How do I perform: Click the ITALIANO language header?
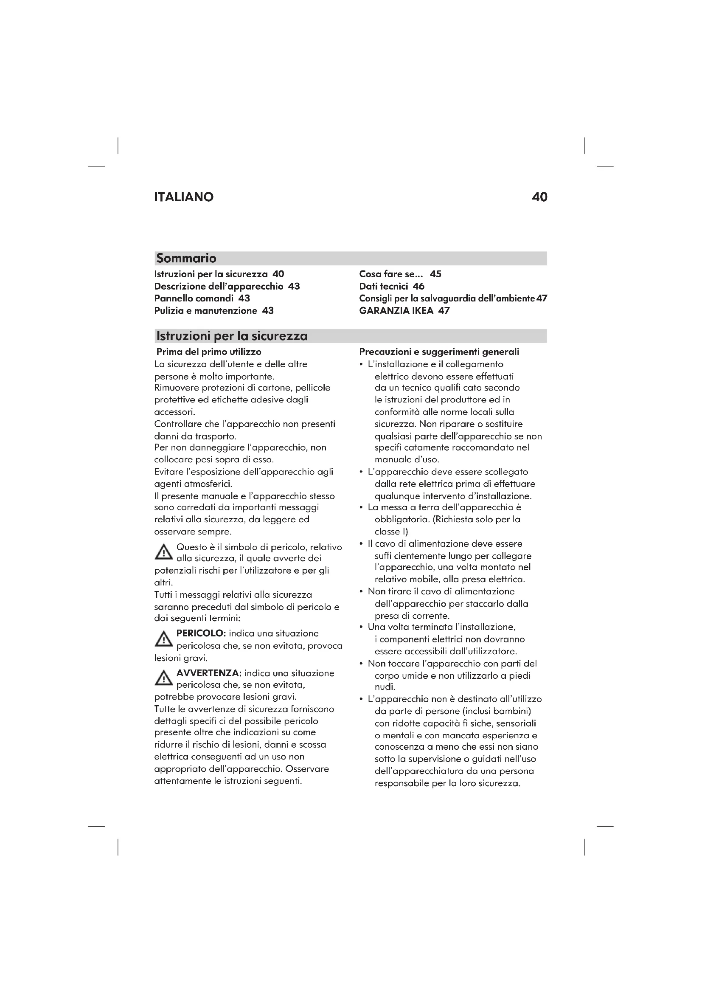(x=184, y=197)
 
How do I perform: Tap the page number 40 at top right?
(x=539, y=197)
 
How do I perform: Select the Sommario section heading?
(x=186, y=258)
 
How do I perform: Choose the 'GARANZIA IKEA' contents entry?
(x=396, y=310)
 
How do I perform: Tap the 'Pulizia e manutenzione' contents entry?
(x=206, y=310)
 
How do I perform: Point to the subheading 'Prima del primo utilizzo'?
(x=209, y=352)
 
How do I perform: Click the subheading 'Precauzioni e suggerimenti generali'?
(x=439, y=352)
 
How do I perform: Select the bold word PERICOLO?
(x=201, y=633)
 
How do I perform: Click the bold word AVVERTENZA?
(x=209, y=673)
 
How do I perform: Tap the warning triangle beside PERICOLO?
(x=163, y=639)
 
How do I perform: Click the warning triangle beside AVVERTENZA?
(x=163, y=678)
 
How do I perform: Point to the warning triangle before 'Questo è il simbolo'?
(x=163, y=553)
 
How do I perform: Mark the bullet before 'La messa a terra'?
(x=361, y=508)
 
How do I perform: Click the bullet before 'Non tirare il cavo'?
(x=361, y=592)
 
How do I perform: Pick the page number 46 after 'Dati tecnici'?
(x=418, y=286)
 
